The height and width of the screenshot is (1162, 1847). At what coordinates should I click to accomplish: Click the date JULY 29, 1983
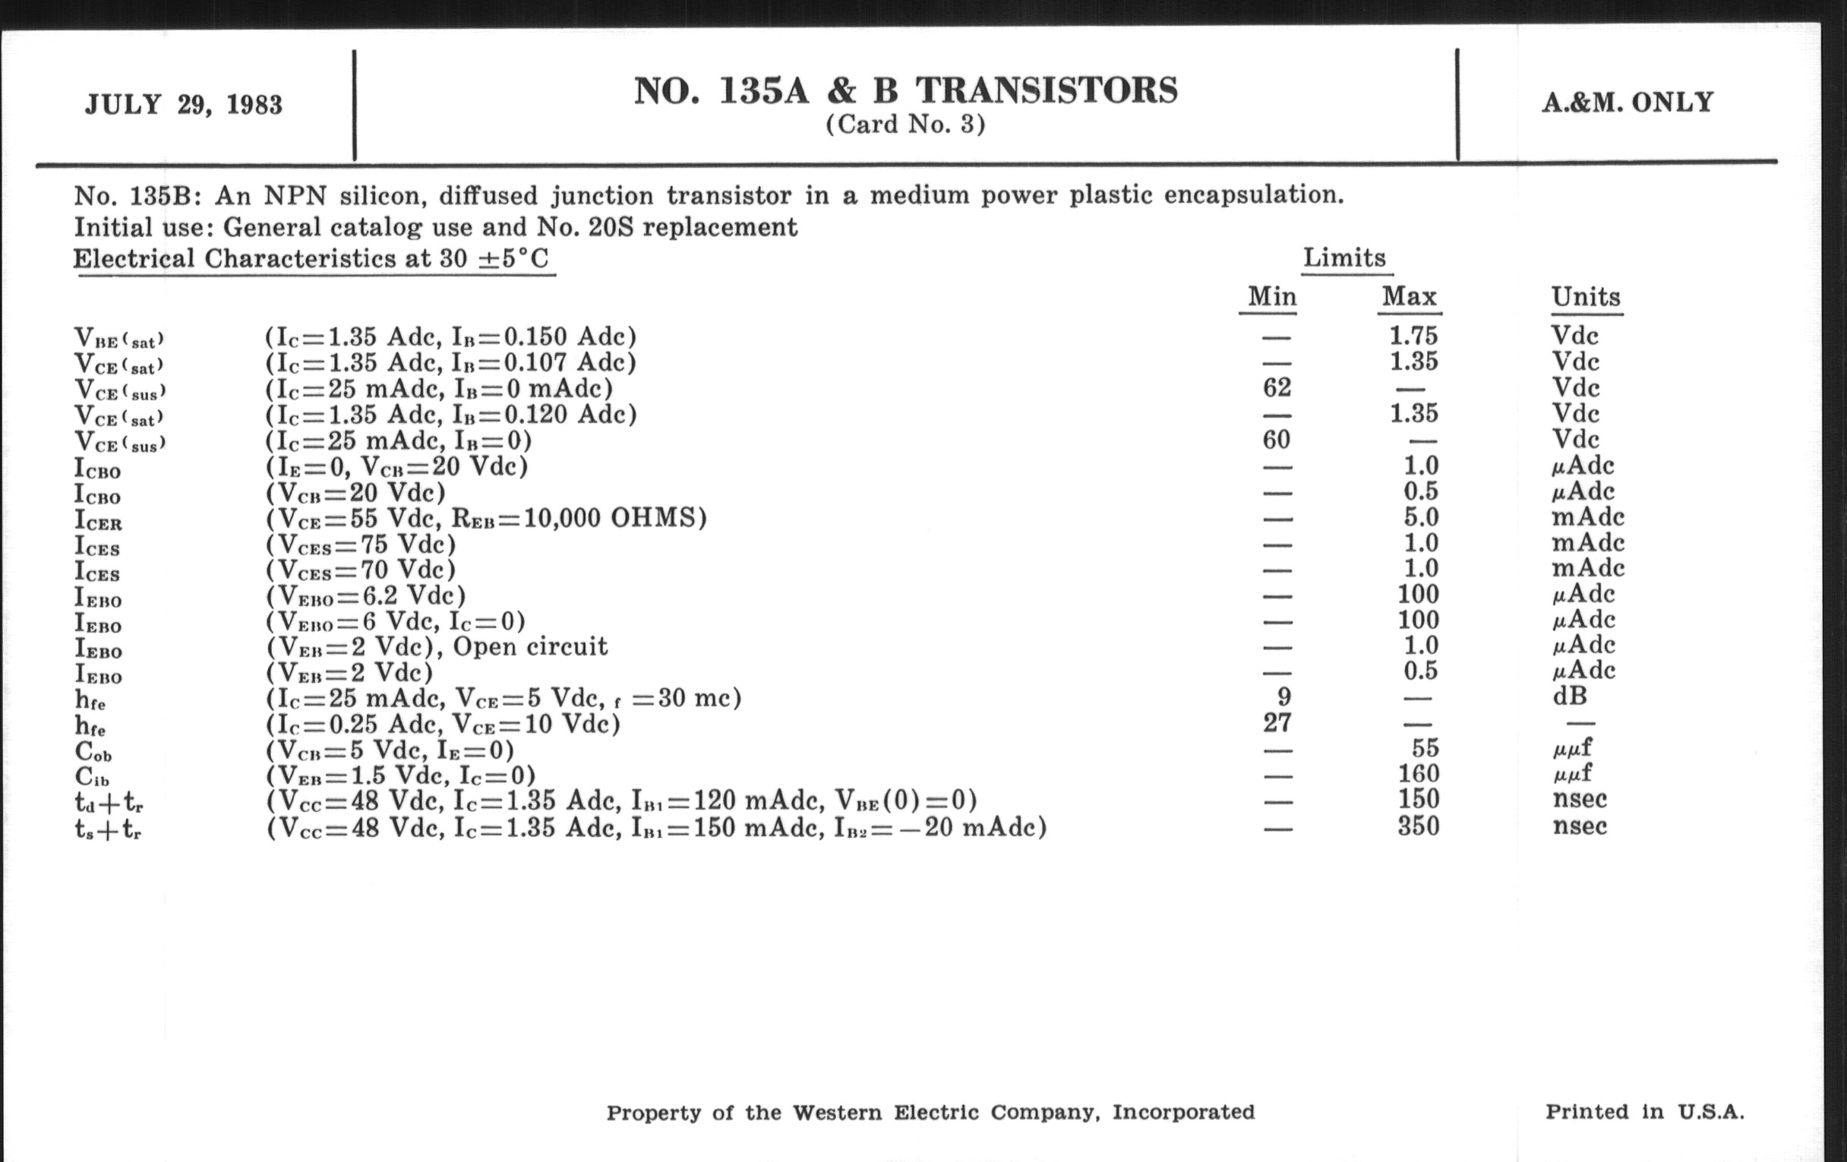(183, 104)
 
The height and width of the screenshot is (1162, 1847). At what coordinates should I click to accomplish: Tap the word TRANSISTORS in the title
(1047, 90)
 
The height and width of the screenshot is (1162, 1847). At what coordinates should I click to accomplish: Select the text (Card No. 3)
(905, 125)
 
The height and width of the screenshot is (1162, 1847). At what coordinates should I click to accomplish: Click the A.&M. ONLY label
(1628, 103)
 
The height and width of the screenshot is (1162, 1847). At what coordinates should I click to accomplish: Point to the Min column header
(1271, 296)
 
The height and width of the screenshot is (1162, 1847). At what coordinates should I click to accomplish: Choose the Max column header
(1409, 296)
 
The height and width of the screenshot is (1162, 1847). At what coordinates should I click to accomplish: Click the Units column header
(1586, 297)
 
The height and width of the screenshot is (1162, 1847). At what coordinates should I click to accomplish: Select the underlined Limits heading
(1344, 257)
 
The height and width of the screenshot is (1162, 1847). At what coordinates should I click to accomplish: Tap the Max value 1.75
(1413, 335)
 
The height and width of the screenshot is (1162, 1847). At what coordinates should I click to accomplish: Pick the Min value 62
(1277, 387)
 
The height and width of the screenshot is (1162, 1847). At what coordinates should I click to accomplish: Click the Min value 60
(1277, 440)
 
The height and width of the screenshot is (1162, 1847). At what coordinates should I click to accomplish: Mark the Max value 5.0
(1419, 517)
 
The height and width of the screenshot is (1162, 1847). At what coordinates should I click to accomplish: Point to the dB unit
(1569, 696)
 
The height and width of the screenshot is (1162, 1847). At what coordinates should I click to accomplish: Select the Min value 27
(1277, 722)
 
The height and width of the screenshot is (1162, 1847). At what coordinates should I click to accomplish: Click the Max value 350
(1417, 826)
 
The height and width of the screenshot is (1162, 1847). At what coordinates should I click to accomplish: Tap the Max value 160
(1417, 774)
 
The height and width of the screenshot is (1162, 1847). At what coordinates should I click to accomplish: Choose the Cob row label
(93, 751)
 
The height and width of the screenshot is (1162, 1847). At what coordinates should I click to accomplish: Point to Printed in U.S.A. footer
(1643, 1112)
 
